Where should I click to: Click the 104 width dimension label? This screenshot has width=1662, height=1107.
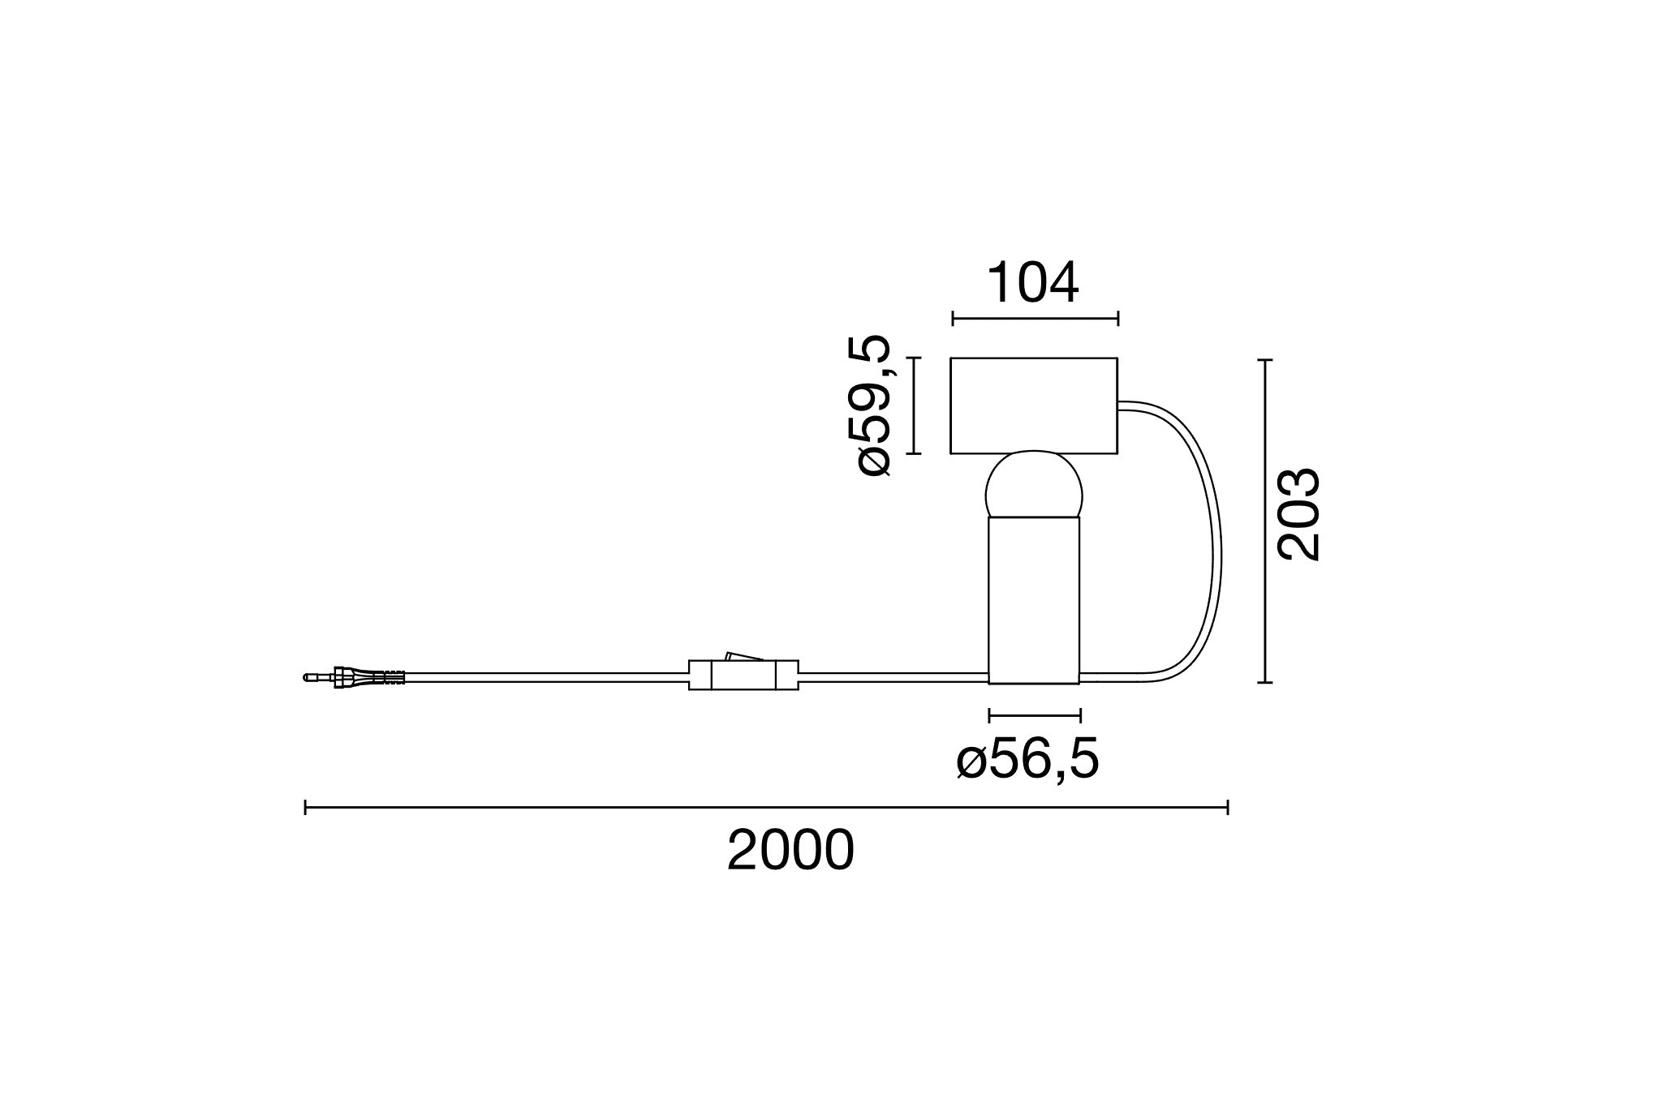click(x=1033, y=283)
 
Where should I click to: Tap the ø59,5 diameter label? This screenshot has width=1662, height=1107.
click(x=875, y=405)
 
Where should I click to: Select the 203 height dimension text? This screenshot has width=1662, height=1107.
click(x=1298, y=514)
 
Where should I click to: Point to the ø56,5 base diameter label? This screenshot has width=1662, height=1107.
click(x=1027, y=761)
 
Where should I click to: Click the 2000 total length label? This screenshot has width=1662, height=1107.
click(x=790, y=851)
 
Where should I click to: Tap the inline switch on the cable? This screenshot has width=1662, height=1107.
click(x=743, y=675)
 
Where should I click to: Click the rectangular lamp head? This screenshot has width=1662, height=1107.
click(x=1034, y=405)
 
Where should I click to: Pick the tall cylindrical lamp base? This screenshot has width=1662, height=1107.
click(x=1034, y=600)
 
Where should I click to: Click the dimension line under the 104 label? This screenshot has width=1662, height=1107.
click(x=1035, y=319)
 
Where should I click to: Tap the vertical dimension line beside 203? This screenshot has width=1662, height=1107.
click(x=1264, y=521)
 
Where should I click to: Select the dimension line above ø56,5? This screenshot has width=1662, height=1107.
click(x=1035, y=715)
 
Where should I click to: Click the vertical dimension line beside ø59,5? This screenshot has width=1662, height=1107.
click(x=915, y=405)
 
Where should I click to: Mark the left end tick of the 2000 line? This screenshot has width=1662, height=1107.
click(x=305, y=807)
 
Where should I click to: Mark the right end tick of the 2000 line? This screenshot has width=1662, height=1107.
click(x=1228, y=807)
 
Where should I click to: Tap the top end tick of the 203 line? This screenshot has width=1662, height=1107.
click(x=1264, y=359)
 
